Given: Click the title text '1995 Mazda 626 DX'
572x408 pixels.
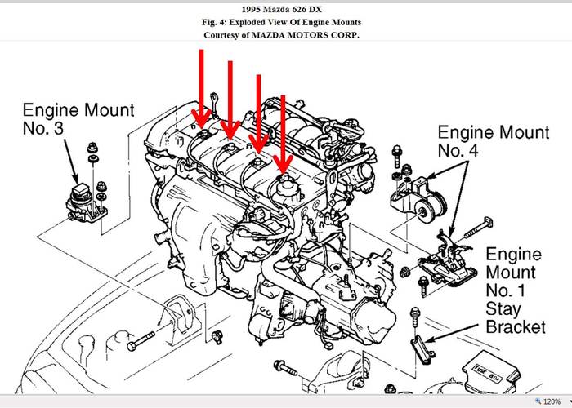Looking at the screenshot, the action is [281, 10].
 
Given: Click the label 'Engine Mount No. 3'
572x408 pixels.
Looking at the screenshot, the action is [78, 119].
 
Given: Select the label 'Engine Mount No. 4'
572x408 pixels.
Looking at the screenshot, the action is [494, 141].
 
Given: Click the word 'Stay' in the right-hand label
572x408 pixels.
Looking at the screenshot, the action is [503, 308].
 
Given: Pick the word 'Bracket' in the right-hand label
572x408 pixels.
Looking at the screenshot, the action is [516, 326].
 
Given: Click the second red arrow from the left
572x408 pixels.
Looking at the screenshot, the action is [230, 100].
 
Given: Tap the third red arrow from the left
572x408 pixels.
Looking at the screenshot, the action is [259, 113].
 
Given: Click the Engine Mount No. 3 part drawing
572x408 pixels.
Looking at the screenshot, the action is [86, 203].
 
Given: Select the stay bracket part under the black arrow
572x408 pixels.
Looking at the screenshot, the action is [422, 349].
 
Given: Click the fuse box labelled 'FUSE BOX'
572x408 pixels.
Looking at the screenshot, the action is [490, 373].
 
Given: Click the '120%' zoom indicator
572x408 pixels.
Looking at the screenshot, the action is [552, 401].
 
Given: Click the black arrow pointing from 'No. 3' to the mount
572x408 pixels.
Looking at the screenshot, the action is [72, 161].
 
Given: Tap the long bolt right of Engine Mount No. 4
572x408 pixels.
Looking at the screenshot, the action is [479, 228].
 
